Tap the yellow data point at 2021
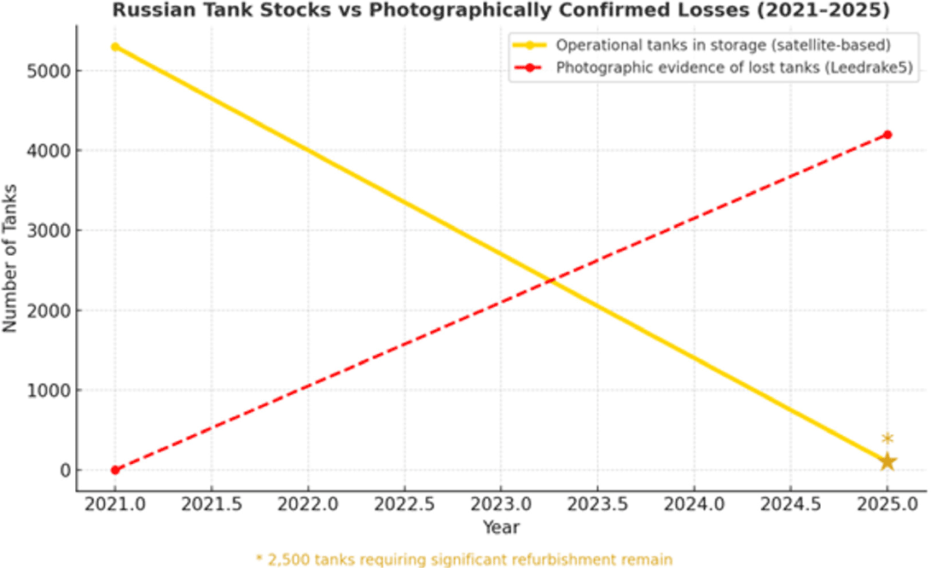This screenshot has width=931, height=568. tap(115, 46)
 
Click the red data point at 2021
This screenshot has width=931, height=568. tap(115, 470)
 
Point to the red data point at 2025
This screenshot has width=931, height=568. tap(887, 135)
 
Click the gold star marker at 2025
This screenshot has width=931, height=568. tap(887, 461)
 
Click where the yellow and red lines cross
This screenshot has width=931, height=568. tap(550, 280)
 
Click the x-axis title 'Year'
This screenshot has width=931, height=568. tap(501, 527)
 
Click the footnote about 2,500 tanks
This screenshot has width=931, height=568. tap(464, 559)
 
